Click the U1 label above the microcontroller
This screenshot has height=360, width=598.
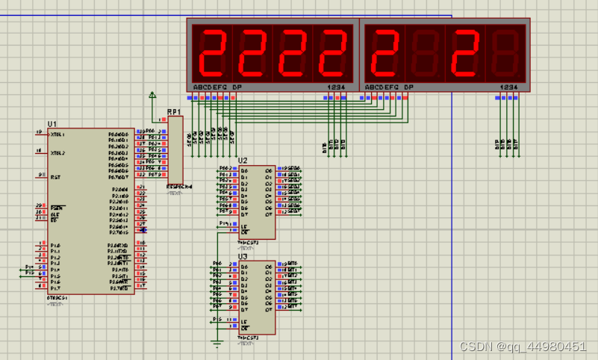(x=52, y=124)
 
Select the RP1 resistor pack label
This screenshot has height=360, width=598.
(x=174, y=112)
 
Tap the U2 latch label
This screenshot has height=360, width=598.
(x=243, y=161)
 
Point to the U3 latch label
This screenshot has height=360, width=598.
(x=243, y=256)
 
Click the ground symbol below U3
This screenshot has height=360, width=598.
(x=217, y=344)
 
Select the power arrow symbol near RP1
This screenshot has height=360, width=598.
(x=152, y=95)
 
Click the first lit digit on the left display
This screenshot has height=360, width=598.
(x=212, y=53)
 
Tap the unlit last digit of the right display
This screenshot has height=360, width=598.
(x=505, y=53)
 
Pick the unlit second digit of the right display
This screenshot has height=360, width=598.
(x=425, y=53)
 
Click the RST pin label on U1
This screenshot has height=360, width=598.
(x=55, y=177)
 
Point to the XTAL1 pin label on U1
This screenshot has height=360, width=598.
(x=57, y=134)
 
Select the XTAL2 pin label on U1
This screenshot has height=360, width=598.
(x=57, y=153)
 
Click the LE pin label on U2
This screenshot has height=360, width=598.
(x=243, y=226)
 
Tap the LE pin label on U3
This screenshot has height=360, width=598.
(x=243, y=321)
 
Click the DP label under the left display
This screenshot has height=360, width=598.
(x=237, y=87)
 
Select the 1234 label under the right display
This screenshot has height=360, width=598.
(x=508, y=87)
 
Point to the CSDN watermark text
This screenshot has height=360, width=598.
(x=523, y=347)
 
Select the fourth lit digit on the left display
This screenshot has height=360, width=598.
(x=333, y=53)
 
